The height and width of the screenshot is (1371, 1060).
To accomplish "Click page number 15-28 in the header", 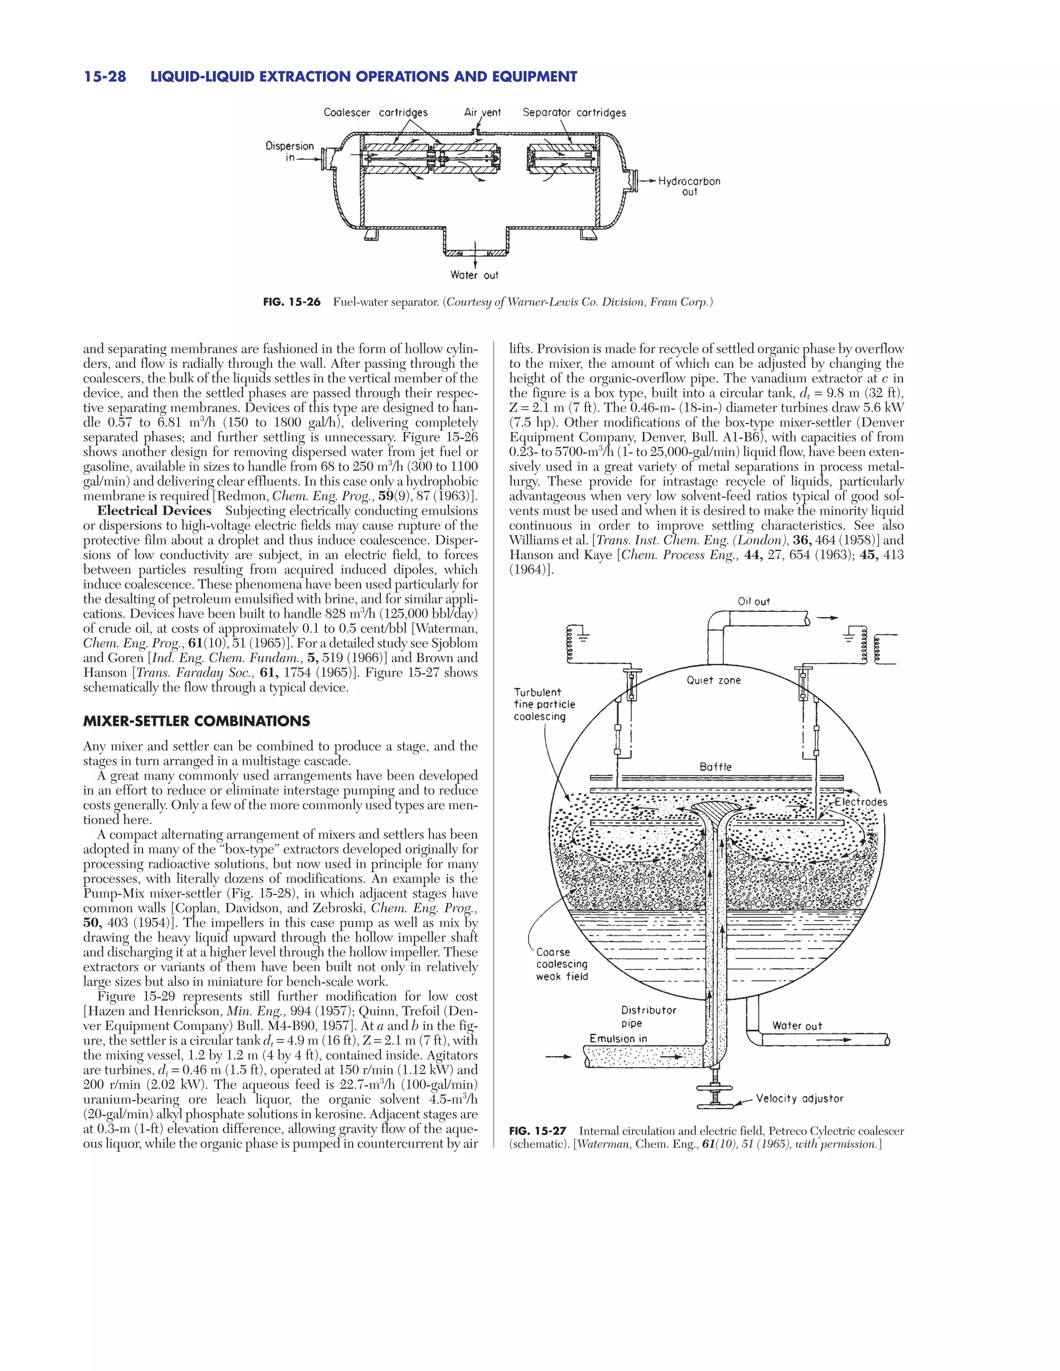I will point(105,77).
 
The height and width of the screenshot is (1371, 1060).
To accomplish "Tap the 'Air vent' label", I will point(482,112).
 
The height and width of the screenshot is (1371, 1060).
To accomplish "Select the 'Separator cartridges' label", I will point(574,112).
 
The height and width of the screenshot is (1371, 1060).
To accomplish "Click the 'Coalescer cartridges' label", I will point(376,112).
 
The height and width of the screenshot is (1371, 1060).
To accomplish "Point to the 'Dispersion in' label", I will point(289,151).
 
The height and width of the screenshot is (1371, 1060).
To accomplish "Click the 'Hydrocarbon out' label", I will point(689,186).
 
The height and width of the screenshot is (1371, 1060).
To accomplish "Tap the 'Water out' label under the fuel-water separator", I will point(474,275).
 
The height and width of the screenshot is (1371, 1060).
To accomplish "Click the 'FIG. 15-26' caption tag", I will point(291,303).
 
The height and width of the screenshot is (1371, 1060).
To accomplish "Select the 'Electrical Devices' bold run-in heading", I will point(154,511).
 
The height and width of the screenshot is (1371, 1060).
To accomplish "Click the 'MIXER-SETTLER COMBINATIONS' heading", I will point(197,721).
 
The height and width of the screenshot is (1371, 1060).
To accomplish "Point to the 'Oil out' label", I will point(754,601).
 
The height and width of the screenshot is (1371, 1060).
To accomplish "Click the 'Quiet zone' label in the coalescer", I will point(713,680).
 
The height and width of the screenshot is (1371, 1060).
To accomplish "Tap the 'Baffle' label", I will point(715,767).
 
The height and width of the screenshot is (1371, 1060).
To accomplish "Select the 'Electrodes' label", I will point(860,802).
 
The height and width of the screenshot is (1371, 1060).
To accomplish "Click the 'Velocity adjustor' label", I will point(799,1098).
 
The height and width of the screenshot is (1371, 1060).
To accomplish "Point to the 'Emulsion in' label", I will point(618,1038).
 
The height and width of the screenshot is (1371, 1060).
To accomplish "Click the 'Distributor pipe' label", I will point(648,1016).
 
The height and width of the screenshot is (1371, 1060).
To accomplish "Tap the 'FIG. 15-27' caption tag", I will point(538,1131).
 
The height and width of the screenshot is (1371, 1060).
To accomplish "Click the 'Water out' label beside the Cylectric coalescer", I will point(797,1026).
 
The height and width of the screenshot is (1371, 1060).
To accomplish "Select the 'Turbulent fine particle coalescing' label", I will point(544,704).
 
